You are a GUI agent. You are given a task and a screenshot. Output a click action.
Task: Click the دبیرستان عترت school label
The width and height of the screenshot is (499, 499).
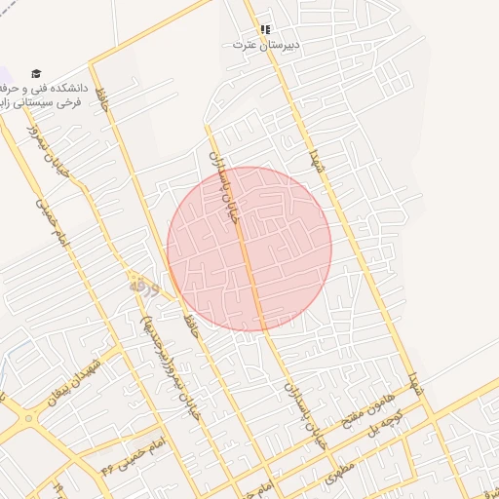click(x=266, y=45)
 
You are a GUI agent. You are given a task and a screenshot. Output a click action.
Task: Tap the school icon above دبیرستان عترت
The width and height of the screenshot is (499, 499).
click(x=265, y=29)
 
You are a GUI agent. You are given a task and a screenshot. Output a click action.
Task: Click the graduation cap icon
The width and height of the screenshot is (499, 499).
click(x=36, y=73)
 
